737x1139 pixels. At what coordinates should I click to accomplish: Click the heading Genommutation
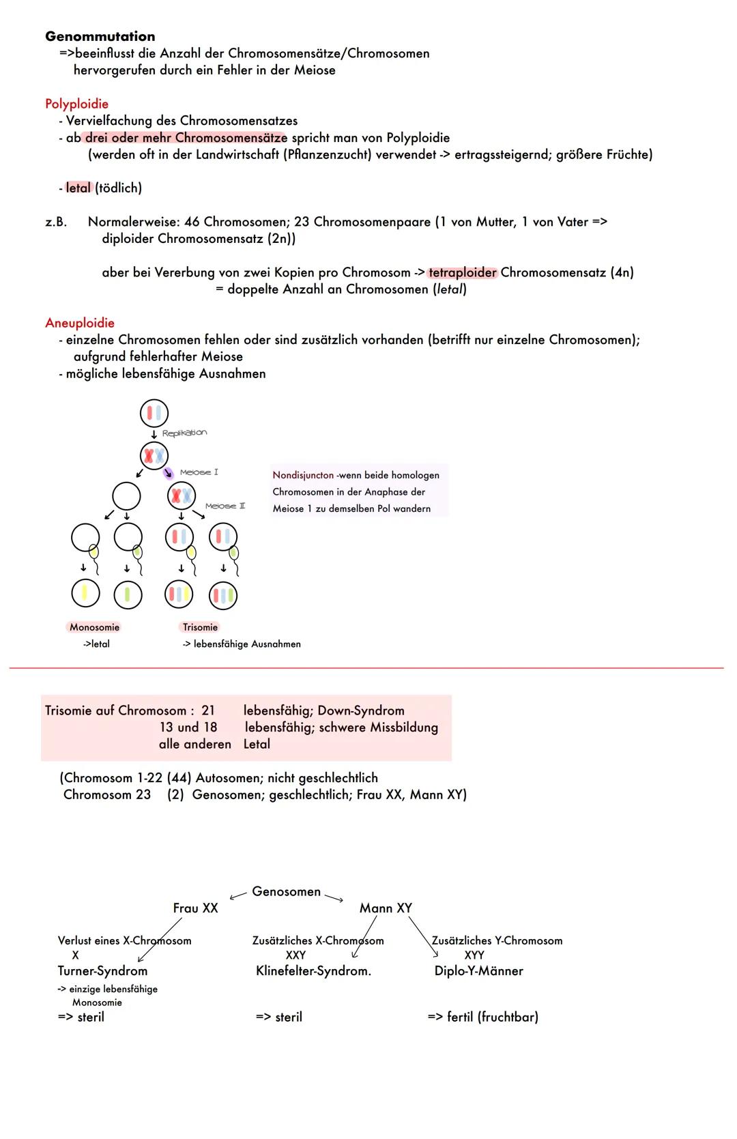(x=100, y=37)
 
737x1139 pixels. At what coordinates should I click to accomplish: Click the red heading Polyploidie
(x=76, y=104)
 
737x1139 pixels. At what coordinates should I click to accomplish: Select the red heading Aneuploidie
(x=79, y=323)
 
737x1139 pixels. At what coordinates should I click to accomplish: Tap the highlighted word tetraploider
(x=463, y=272)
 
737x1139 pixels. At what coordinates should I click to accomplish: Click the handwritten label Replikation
(x=184, y=433)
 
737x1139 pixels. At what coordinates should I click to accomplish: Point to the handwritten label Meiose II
(x=225, y=506)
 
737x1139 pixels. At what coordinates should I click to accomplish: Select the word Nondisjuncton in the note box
(x=303, y=475)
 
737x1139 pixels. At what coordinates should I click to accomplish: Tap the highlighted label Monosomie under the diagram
(x=94, y=627)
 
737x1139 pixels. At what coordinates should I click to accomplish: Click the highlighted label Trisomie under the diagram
(x=200, y=627)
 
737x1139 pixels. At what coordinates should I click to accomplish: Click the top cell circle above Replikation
(x=154, y=413)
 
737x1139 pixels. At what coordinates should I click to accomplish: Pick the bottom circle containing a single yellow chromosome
(x=85, y=593)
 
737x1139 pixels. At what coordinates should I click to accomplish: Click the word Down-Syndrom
(x=361, y=710)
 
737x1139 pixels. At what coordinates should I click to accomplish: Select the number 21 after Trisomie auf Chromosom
(x=208, y=710)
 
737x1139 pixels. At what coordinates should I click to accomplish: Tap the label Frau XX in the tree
(x=195, y=908)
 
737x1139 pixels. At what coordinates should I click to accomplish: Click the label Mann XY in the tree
(x=386, y=908)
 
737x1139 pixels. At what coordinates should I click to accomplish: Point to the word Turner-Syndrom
(x=102, y=970)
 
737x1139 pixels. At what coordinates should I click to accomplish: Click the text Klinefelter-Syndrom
(x=313, y=970)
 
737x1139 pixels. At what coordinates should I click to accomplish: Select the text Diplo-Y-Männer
(x=478, y=970)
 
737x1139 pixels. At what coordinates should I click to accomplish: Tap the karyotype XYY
(x=474, y=955)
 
